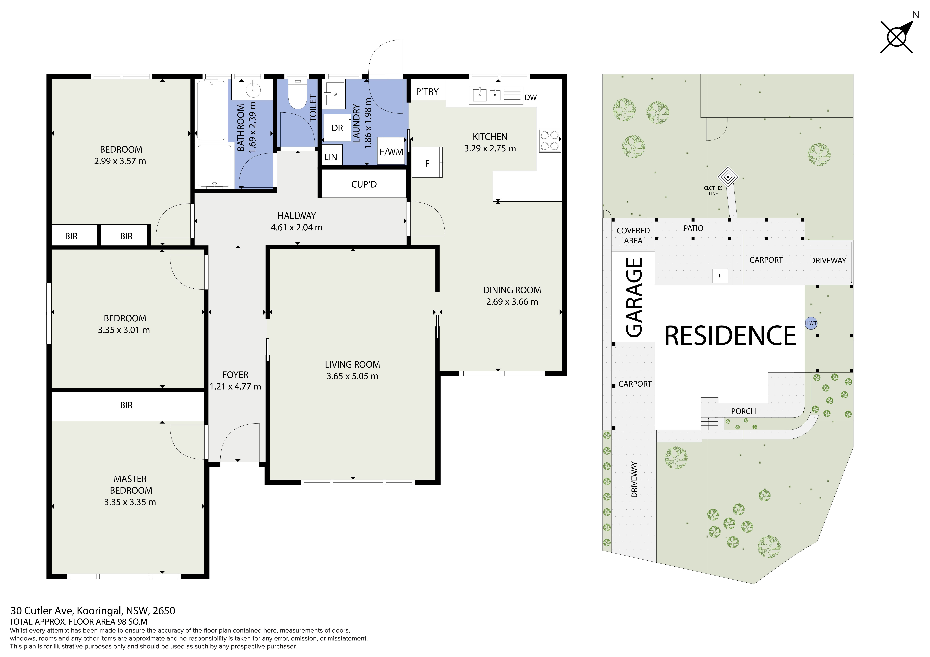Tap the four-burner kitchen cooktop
(x=550, y=141)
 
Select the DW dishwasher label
(x=531, y=98)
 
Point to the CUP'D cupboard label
(x=364, y=185)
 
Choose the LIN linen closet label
(x=330, y=157)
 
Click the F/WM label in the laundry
(x=391, y=152)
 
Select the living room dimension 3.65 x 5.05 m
(x=352, y=376)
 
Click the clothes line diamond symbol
(x=728, y=177)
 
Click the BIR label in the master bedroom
(x=126, y=405)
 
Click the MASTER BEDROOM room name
(x=130, y=485)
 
